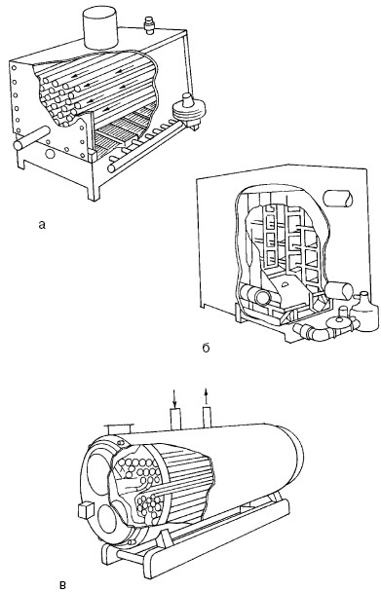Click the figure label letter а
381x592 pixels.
coord(42,225)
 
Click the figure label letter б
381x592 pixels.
coord(206,348)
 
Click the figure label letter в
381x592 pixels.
coord(63,585)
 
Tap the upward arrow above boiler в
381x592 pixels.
coord(206,397)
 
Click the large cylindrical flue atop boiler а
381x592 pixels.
coord(100,27)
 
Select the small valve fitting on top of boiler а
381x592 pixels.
coord(150,25)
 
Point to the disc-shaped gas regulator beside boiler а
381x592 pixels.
coord(188,110)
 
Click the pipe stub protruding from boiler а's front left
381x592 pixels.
coord(31,138)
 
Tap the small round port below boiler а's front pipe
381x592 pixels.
coord(50,154)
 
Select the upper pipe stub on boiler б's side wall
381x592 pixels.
coord(338,199)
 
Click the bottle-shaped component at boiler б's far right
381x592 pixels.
coord(364,312)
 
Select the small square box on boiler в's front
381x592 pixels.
coord(86,510)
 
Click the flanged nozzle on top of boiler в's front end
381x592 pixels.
coord(118,428)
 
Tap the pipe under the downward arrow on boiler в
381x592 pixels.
coord(175,419)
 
